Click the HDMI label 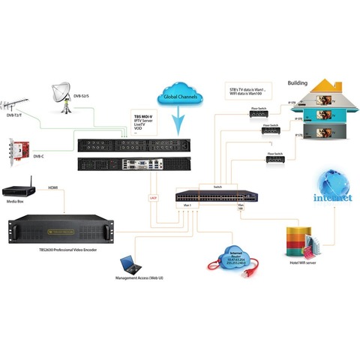pos(53,187)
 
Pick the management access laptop pos(129,265)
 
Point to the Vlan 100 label pos(241,207)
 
